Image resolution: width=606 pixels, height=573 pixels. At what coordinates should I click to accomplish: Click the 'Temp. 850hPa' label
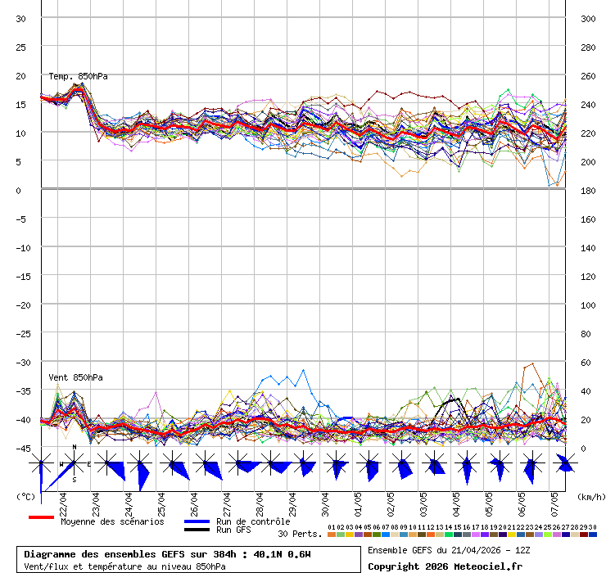78,76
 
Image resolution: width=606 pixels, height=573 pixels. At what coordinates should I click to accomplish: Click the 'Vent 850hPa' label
69,377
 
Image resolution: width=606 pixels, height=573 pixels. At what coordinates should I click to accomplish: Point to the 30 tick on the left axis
20,19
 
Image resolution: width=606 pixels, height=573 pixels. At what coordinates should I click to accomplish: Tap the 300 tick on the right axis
587,19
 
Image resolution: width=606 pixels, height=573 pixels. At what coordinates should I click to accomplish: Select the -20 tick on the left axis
23,305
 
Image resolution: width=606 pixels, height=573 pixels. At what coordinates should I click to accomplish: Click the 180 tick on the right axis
587,190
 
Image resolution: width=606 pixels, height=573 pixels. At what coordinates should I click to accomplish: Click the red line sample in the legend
41,517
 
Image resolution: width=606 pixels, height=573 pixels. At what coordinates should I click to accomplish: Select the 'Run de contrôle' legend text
253,521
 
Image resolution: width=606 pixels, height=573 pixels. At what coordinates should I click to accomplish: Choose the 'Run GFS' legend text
233,530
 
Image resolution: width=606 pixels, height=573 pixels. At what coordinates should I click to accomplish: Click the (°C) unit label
26,497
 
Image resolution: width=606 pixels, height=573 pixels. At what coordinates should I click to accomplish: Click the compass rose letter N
75,447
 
